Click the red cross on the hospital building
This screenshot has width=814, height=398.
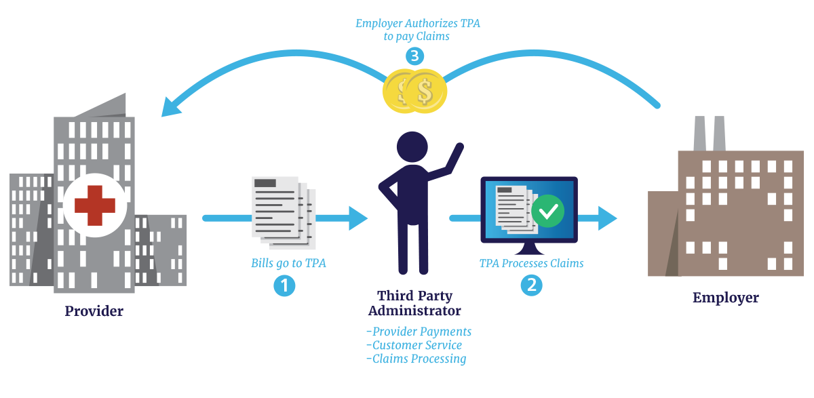pyautogui.click(x=94, y=206)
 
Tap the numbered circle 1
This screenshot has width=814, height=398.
pyautogui.click(x=285, y=286)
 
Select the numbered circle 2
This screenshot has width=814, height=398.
pyautogui.click(x=531, y=285)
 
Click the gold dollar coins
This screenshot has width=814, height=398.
pyautogui.click(x=415, y=91)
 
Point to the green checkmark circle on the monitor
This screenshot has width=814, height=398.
pyautogui.click(x=547, y=212)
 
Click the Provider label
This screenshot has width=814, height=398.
pyautogui.click(x=94, y=312)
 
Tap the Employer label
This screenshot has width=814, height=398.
pyautogui.click(x=725, y=298)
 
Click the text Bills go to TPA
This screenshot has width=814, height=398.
pyautogui.click(x=288, y=263)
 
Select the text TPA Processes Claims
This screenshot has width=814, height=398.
pyautogui.click(x=531, y=263)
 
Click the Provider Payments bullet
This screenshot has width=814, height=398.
pyautogui.click(x=418, y=332)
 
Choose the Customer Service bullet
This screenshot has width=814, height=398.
pyautogui.click(x=414, y=345)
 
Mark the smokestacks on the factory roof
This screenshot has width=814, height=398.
pyautogui.click(x=709, y=134)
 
